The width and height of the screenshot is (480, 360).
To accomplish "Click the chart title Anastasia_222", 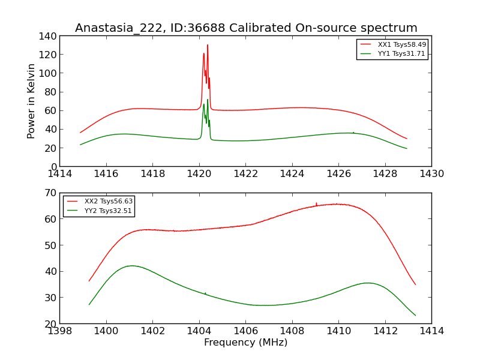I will [x=246, y=28].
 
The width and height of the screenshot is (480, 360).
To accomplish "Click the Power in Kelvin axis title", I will [x=31, y=101].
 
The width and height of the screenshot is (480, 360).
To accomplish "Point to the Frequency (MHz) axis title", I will [x=245, y=343].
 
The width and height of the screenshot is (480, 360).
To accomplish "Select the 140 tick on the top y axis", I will [x=48, y=36].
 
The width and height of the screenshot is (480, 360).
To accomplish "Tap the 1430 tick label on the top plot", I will [x=431, y=174].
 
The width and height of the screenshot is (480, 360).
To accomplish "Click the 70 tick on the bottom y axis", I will [x=51, y=193].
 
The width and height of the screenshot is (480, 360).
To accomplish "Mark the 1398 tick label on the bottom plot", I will [x=59, y=331].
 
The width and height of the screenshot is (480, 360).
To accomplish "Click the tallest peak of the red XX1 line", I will [x=208, y=45].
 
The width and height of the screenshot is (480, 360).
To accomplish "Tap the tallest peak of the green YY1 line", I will [x=208, y=100].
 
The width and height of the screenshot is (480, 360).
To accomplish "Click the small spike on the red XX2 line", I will [x=316, y=203].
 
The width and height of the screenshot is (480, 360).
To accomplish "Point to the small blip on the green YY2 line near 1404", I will [x=205, y=293].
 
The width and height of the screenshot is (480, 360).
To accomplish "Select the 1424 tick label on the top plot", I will [x=292, y=174].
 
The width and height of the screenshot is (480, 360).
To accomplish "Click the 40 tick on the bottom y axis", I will [x=51, y=271].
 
